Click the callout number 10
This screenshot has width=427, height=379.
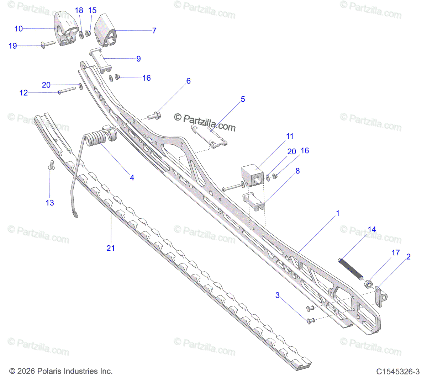[19, 29]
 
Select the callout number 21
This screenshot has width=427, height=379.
[110, 248]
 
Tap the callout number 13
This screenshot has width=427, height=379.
[50, 203]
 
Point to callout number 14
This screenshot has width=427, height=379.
[372, 229]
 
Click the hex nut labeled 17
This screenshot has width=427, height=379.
[368, 285]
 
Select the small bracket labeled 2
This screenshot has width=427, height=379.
[381, 297]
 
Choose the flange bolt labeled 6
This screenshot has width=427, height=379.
[154, 116]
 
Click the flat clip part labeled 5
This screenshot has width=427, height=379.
[209, 137]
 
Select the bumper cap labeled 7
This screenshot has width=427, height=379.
[105, 30]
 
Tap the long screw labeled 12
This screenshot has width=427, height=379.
[67, 91]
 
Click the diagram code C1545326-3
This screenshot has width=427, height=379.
[398, 372]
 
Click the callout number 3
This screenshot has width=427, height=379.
[277, 295]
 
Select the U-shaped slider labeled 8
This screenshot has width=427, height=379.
[254, 202]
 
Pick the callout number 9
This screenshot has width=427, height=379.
[138, 59]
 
